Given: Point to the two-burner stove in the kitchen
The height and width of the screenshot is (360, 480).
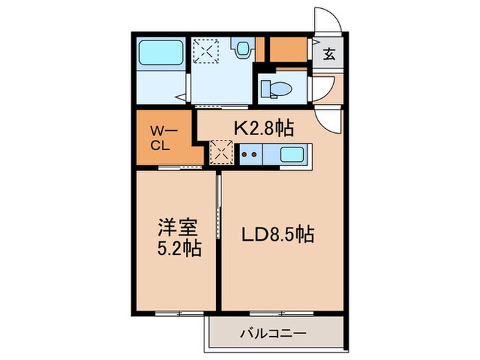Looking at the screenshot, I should (x=250, y=154).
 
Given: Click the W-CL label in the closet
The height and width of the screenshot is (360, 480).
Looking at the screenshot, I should (x=163, y=137).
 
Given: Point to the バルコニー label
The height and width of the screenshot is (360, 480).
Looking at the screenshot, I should (x=273, y=334).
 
